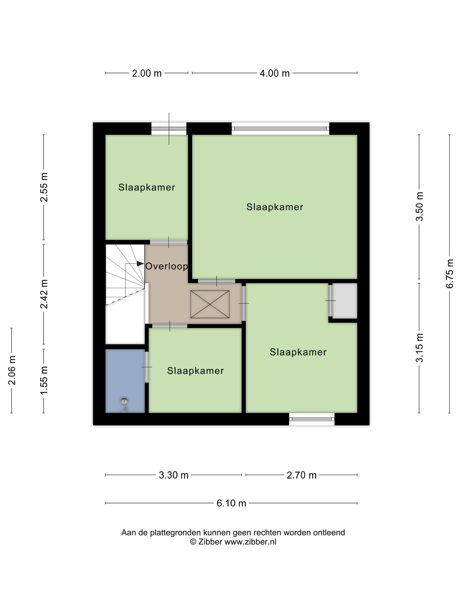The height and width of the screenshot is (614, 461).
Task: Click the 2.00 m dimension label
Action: coord(146,73)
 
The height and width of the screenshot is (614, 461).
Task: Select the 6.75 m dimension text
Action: coord(450,273)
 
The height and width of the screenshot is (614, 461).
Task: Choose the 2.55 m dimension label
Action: coord(44,187)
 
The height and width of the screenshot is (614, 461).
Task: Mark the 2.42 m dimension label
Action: coord(44,294)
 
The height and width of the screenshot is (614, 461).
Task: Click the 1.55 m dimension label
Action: coord(44,380)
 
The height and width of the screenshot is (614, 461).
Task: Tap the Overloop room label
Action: coord(166,266)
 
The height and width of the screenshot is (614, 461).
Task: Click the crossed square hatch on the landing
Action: coord(210,304)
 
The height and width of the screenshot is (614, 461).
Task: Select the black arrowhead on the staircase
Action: coord(140,264)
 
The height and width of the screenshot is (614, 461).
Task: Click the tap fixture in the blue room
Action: coord(124,405)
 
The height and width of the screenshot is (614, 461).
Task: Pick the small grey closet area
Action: coord(345,301)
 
